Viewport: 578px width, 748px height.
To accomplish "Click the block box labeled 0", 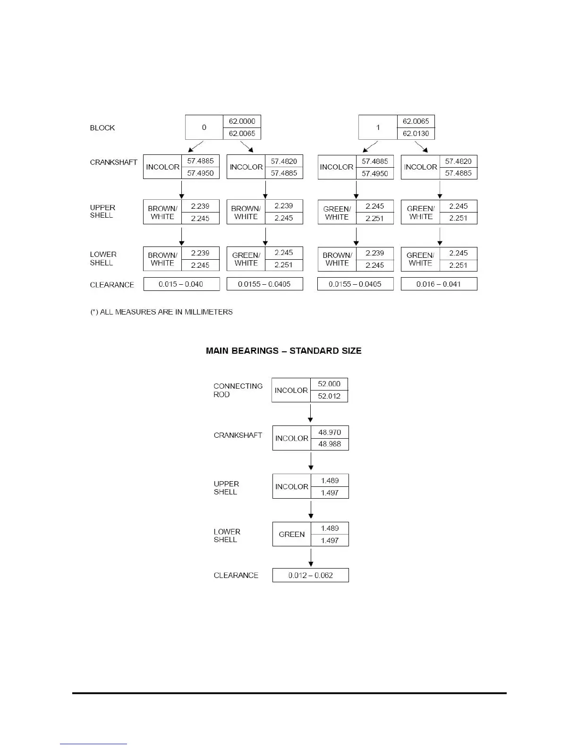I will [204, 127].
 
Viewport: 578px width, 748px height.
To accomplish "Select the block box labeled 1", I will [378, 127].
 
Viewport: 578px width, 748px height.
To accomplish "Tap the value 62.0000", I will [242, 121].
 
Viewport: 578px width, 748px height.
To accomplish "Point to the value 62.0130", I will [416, 134].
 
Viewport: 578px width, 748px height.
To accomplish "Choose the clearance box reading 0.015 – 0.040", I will [181, 284].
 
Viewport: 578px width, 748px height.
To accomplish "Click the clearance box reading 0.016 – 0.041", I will [439, 284].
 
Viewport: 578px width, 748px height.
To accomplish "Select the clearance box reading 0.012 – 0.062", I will [310, 575].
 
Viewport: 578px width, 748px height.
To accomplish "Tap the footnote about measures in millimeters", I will [161, 312].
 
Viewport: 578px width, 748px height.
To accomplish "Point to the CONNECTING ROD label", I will [238, 390].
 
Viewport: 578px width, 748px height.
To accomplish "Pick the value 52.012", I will [329, 396].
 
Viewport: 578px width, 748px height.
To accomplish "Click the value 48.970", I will [330, 432].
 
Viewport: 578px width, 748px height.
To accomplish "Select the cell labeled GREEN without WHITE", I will [291, 535].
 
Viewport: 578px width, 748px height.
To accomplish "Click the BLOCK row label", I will [102, 128].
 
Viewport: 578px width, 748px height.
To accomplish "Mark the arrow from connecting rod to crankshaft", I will [310, 414].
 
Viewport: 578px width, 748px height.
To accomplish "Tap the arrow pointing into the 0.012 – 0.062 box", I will [311, 558].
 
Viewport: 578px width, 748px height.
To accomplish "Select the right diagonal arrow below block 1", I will [421, 146].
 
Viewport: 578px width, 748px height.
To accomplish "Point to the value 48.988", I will [330, 444].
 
